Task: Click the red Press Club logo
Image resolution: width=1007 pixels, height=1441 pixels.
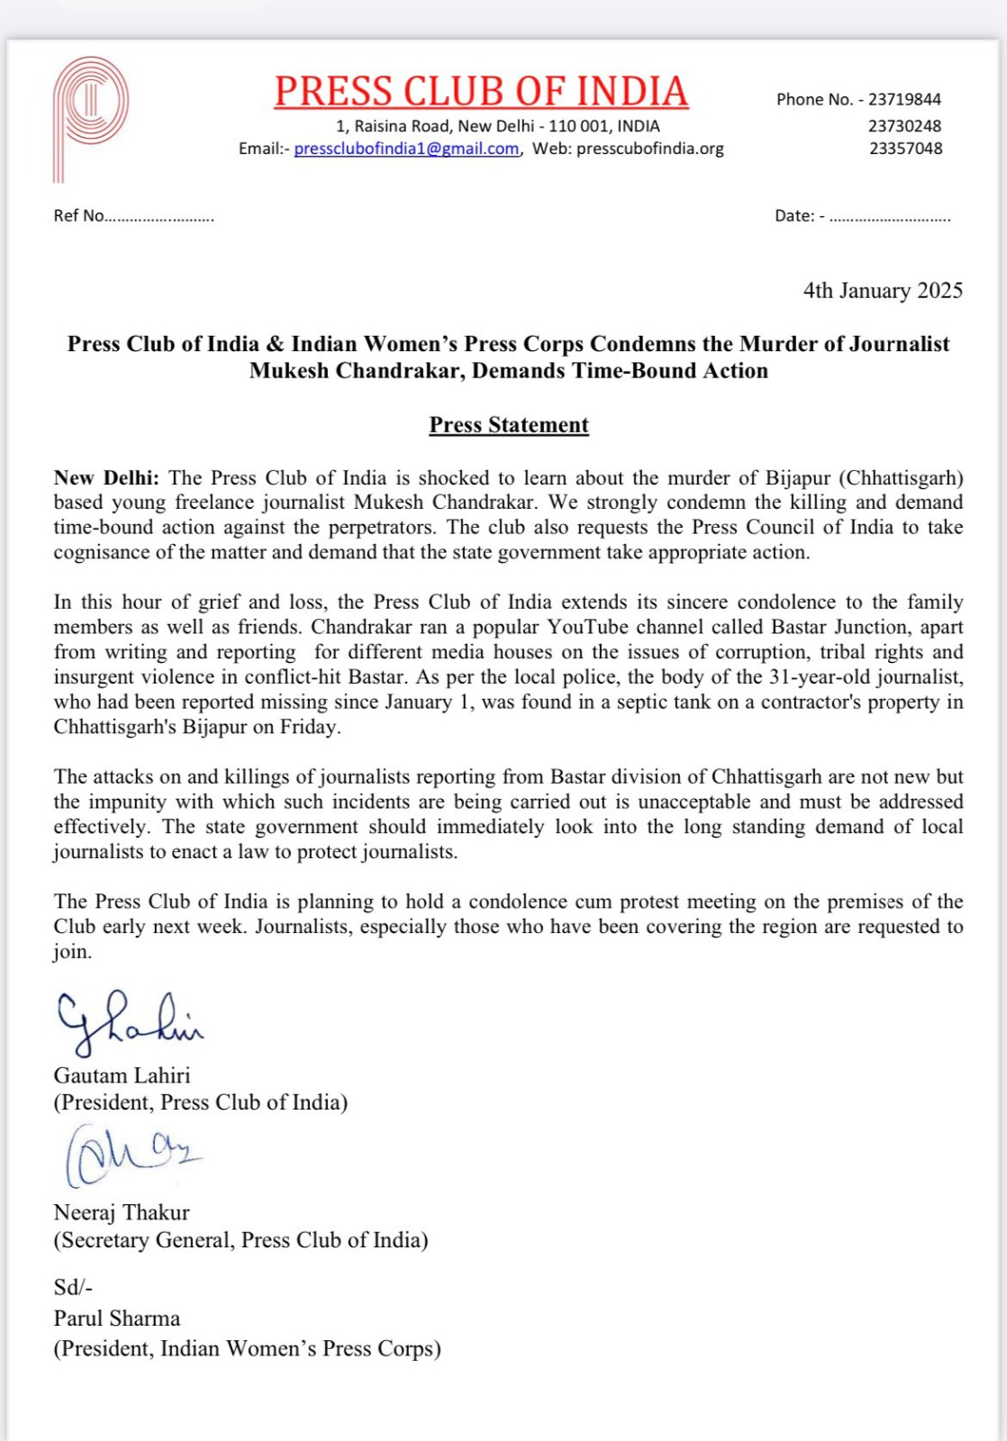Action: point(90,117)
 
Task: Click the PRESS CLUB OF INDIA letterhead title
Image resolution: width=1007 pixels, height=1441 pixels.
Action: point(481,92)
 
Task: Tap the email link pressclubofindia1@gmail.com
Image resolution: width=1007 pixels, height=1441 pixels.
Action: point(406,149)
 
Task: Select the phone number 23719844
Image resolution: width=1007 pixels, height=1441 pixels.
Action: point(904,99)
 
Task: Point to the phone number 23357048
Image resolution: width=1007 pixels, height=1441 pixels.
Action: point(905,149)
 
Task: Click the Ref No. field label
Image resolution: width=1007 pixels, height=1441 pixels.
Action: point(79,216)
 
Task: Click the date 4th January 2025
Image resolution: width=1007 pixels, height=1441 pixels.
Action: point(883,291)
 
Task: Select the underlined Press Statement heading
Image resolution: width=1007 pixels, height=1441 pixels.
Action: point(509,425)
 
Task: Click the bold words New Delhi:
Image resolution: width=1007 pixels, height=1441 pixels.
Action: point(106,478)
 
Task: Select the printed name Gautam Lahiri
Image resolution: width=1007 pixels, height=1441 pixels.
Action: point(122,1075)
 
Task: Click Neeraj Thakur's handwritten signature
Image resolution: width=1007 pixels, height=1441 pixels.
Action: point(132,1156)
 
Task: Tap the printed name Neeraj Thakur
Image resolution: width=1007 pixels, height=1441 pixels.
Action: point(122,1213)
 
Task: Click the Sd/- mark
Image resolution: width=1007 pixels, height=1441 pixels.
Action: point(73,1288)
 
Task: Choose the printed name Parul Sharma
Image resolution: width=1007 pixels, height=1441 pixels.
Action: point(117,1319)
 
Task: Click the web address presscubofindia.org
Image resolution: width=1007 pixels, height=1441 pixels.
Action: point(649,149)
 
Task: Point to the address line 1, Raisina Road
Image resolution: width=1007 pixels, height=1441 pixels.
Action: point(497,126)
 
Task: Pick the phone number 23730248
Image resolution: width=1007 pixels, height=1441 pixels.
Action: point(904,126)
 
